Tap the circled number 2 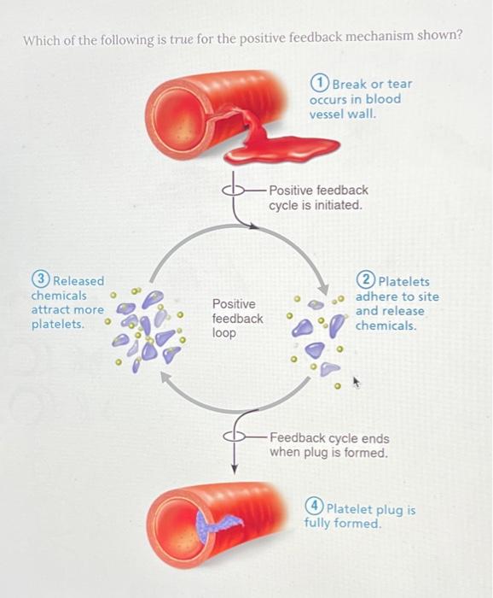(x=367, y=281)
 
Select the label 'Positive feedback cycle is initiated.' (x=318, y=197)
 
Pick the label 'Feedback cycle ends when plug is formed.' (x=328, y=445)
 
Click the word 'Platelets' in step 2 (x=403, y=281)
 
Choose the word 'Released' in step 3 (x=78, y=280)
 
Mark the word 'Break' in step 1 (x=348, y=84)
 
